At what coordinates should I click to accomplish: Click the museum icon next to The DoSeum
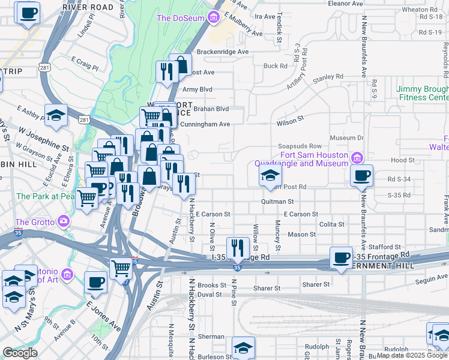pos(213,18)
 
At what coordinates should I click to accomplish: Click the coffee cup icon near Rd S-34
pos(361,176)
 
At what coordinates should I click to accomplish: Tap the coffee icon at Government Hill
pos(342,257)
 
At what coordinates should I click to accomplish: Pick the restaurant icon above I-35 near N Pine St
pos(238,247)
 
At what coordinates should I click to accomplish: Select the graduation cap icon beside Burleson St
pos(243,347)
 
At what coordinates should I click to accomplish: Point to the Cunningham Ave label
pos(206,124)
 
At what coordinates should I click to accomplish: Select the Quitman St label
pos(277,202)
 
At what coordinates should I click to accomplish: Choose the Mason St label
pos(302,235)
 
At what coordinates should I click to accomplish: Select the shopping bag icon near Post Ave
pos(180,65)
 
